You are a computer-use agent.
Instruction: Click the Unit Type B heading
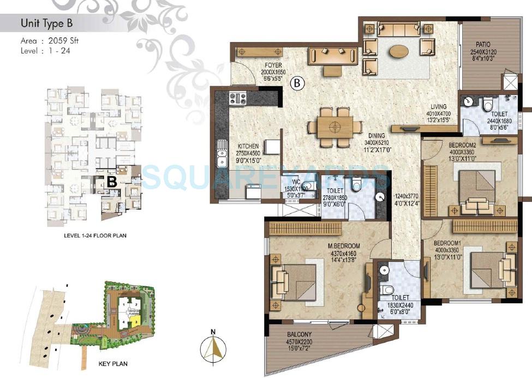[46, 23]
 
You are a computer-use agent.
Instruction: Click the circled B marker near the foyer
[297, 83]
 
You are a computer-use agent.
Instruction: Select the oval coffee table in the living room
[399, 51]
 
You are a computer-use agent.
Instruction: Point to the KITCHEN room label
[248, 146]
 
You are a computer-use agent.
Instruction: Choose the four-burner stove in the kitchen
[238, 98]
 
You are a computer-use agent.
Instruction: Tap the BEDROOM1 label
[447, 242]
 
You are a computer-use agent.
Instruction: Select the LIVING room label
[438, 107]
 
